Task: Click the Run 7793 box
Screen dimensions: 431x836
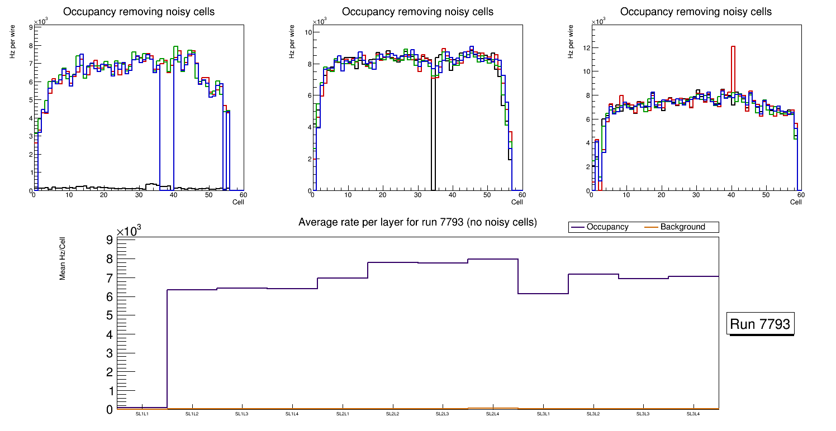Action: [x=760, y=324]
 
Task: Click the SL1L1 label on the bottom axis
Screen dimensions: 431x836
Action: [x=142, y=414]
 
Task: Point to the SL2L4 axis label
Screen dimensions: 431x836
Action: [x=492, y=414]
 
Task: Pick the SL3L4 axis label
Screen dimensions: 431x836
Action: [x=693, y=414]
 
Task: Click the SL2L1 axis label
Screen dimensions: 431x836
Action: [x=343, y=414]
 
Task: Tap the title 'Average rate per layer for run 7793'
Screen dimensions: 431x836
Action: [x=417, y=222]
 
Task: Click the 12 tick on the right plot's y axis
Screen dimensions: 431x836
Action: [x=587, y=47]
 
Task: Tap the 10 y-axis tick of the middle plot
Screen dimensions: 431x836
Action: [x=307, y=32]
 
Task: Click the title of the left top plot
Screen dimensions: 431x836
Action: [x=139, y=12]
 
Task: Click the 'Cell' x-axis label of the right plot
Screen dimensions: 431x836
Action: [x=796, y=202]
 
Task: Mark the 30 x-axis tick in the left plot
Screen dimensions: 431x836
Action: [x=139, y=195]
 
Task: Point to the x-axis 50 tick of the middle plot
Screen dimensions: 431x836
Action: [x=487, y=195]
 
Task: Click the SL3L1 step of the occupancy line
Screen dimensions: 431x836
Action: [x=543, y=294]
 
